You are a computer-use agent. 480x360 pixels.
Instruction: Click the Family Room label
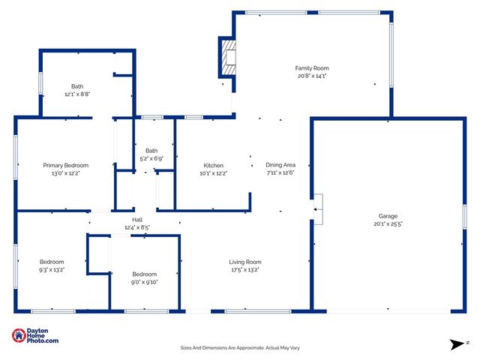point(311,68)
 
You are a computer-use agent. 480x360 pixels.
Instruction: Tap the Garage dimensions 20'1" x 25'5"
point(388,223)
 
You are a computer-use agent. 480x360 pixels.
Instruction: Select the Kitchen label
point(214,166)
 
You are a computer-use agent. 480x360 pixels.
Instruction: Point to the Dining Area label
point(280,166)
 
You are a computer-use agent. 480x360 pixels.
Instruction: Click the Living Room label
point(244,262)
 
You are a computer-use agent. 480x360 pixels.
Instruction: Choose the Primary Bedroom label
point(65,166)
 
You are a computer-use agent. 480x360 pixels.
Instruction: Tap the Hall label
point(137,220)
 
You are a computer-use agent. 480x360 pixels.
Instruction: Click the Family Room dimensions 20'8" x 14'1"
point(311,76)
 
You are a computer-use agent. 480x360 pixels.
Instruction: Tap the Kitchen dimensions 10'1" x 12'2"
point(214,173)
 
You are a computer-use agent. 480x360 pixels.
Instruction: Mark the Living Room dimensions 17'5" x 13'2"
point(244,270)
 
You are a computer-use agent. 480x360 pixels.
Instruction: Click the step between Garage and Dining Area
point(318,208)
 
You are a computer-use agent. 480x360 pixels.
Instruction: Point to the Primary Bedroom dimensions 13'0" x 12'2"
point(65,173)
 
